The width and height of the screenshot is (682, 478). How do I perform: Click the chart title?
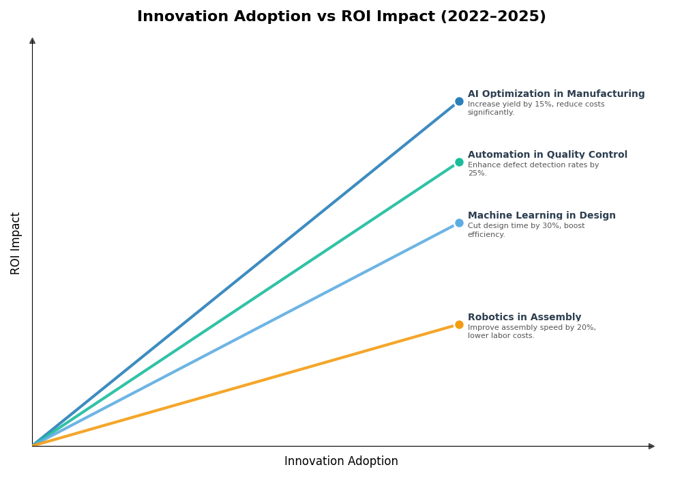coord(341,17)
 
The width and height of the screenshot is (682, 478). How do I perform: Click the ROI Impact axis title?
coord(16,243)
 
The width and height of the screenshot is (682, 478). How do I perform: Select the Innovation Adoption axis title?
coord(341,462)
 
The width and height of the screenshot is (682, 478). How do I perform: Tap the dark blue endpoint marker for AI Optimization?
coord(459,102)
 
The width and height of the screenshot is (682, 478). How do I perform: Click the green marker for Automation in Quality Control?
coord(459,163)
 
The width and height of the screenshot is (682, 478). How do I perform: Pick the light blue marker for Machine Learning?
coord(459,223)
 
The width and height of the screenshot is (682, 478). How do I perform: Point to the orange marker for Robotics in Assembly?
coord(459,325)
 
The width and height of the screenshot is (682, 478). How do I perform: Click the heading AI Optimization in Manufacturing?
coord(556,94)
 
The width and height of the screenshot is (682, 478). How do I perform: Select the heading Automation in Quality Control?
coord(547,155)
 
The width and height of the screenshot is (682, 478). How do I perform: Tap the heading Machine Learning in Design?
coord(542,216)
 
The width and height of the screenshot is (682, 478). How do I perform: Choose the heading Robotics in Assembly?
coord(524,318)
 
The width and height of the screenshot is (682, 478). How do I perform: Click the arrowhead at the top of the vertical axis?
coord(32,41)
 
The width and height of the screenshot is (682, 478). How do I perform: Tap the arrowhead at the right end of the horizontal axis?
coord(651,447)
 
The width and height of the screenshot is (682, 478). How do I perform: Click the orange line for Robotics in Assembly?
coord(246,385)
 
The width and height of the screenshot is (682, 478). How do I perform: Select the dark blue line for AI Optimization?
coord(246,273)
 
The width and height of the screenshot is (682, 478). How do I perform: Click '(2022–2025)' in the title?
coord(492,17)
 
